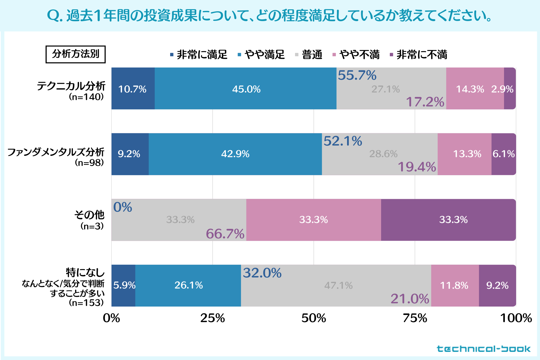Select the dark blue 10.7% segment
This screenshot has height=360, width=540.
[133, 89]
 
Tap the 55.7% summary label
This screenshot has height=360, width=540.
[357, 75]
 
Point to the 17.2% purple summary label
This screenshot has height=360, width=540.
[425, 102]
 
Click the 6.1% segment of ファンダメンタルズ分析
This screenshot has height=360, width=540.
[503, 154]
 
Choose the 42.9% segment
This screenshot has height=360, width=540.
[235, 154]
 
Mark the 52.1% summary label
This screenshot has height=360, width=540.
[343, 141]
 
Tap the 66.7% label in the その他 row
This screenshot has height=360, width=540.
[225, 234]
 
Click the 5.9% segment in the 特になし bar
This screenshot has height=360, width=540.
[124, 285]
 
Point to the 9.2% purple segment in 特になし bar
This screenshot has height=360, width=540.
[497, 285]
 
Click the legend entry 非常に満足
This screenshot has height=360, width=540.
[199, 55]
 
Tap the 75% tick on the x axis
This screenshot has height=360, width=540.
[415, 318]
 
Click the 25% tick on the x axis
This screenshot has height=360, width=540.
[213, 318]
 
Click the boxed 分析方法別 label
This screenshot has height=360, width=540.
[75, 54]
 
